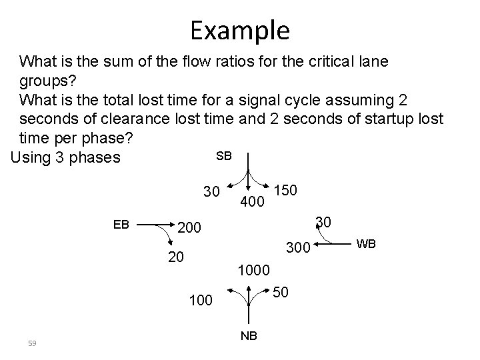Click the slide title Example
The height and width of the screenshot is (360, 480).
pos(239,30)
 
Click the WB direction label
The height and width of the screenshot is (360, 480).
pos(367,243)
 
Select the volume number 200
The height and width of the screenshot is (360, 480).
pos(191,229)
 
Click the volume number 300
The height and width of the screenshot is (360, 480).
pos(299,249)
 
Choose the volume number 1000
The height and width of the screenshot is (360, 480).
pos(253,271)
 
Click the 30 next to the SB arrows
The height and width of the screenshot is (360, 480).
pos(212,192)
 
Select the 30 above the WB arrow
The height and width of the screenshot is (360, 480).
pos(323,221)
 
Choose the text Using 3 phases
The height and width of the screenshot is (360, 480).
pos(64,157)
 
